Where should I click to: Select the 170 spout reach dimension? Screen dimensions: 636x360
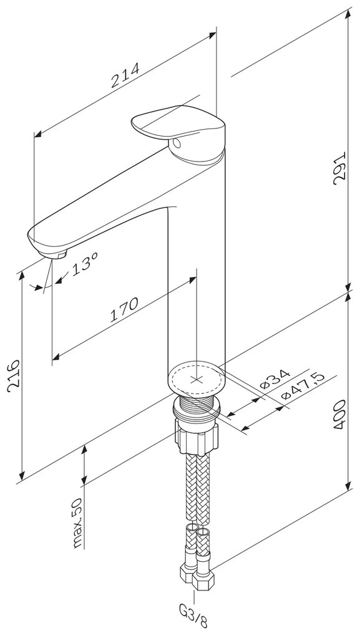click(x=124, y=310)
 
